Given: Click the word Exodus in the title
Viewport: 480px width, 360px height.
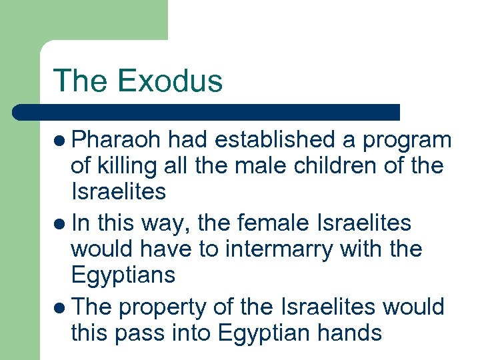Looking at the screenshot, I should point(169,81).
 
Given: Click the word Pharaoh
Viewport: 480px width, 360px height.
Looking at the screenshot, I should point(117,140).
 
